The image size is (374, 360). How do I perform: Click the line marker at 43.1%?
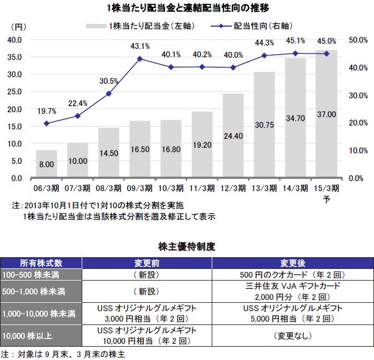pyautogui.click(x=140, y=58)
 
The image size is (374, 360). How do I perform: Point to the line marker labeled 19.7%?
pyautogui.click(x=47, y=123)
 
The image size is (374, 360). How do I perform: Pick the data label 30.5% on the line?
pyautogui.click(x=108, y=81)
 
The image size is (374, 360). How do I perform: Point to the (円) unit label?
pyautogui.click(x=18, y=27)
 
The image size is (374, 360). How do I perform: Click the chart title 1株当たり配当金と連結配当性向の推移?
pyautogui.click(x=187, y=8)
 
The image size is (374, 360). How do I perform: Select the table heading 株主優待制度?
pyautogui.click(x=187, y=246)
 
